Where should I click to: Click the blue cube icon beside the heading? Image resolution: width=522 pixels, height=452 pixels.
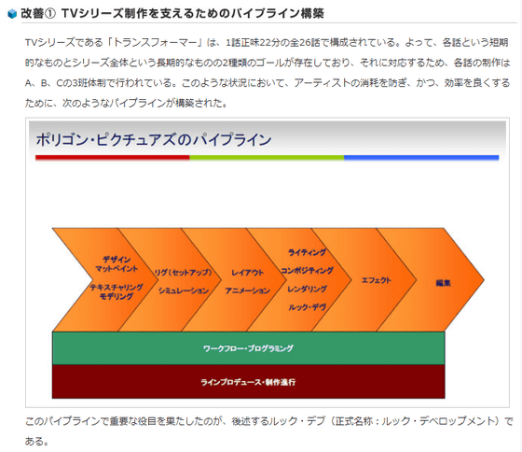click(12, 14)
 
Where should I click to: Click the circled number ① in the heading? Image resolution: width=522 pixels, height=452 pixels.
click(50, 14)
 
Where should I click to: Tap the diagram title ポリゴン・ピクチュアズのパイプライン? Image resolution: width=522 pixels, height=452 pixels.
click(154, 139)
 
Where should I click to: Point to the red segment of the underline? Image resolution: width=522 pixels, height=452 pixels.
click(113, 158)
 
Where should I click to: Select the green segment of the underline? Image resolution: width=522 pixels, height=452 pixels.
click(267, 158)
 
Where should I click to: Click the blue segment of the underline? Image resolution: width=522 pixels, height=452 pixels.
click(421, 158)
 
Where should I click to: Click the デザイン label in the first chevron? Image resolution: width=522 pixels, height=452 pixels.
click(117, 260)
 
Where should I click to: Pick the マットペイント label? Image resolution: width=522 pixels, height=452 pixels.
click(117, 269)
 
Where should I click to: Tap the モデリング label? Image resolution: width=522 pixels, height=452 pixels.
click(117, 296)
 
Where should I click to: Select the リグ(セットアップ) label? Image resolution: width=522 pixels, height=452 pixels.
click(183, 273)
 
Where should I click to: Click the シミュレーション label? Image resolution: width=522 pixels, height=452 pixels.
click(184, 290)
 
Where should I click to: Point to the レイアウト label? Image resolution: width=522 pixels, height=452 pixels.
click(247, 273)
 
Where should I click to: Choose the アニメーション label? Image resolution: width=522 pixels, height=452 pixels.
click(247, 290)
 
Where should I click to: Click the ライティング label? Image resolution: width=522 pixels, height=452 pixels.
click(307, 252)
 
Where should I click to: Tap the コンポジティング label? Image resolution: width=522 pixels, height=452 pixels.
click(307, 271)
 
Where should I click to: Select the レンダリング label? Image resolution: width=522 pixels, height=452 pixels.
click(307, 289)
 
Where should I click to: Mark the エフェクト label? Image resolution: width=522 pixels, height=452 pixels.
click(377, 280)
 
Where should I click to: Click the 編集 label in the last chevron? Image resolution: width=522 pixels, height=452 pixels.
click(443, 283)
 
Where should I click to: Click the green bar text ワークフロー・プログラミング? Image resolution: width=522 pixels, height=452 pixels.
click(248, 348)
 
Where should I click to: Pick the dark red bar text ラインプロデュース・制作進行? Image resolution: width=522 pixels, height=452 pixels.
click(248, 382)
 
